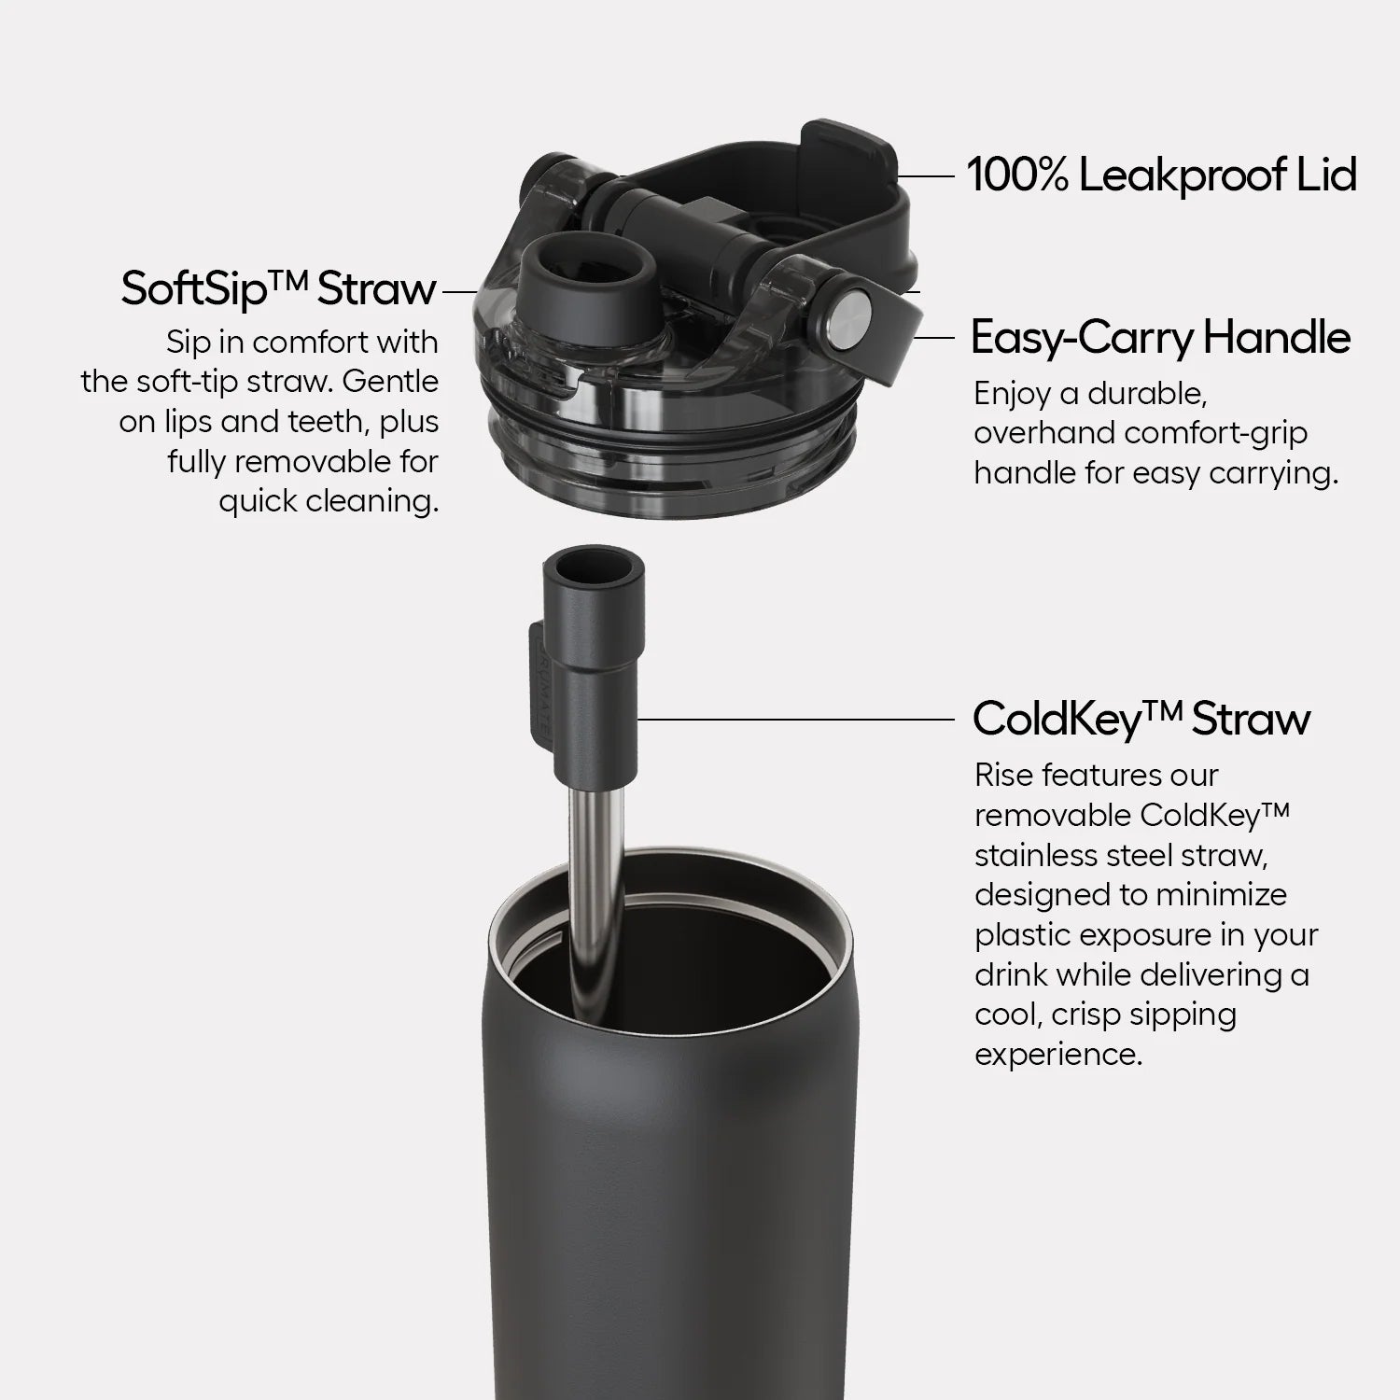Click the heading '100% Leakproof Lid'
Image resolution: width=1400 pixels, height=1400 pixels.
click(1161, 175)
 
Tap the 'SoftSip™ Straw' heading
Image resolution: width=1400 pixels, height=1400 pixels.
click(278, 288)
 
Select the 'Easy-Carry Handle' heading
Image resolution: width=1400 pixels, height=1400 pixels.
click(1160, 337)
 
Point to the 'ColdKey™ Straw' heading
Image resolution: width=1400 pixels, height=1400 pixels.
click(1141, 719)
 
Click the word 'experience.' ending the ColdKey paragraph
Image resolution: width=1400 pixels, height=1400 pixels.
click(1058, 1055)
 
